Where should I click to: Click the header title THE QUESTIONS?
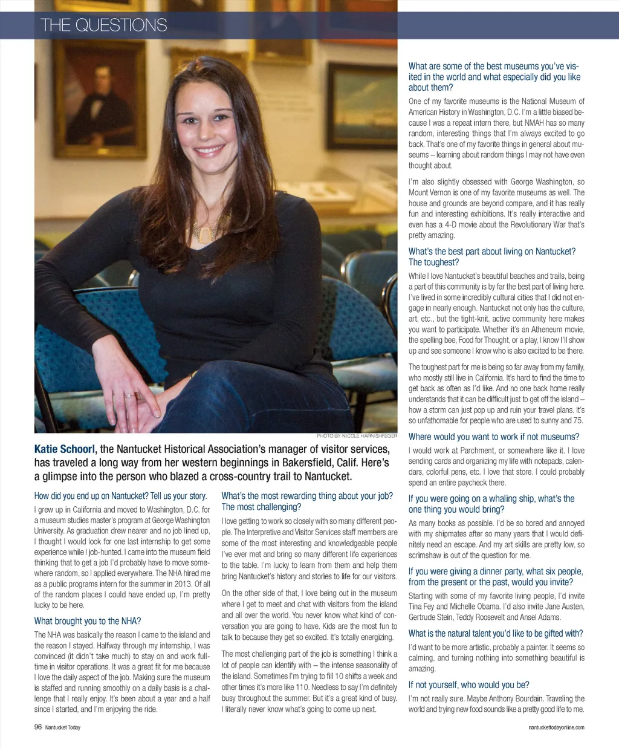(104, 25)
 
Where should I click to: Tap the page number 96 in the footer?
(38, 727)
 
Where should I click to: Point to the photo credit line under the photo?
(357, 435)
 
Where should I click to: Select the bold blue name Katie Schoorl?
(64, 449)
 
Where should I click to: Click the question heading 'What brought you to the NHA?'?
(88, 621)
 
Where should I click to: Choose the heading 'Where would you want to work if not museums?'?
(493, 437)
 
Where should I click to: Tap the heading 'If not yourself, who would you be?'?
(468, 685)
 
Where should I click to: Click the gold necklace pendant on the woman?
(206, 230)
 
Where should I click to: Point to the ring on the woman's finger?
(129, 396)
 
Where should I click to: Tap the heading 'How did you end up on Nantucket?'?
(120, 496)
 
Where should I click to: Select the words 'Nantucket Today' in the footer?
(62, 727)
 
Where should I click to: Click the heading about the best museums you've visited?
(494, 77)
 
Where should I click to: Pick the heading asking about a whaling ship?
(491, 504)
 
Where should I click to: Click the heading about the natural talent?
(495, 633)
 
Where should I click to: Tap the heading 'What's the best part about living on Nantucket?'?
(491, 257)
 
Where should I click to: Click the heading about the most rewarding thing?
(307, 501)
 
